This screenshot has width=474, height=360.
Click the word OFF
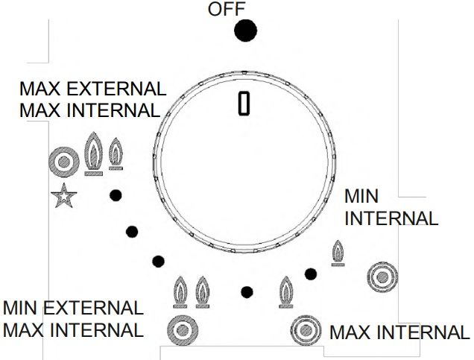coord(226,9)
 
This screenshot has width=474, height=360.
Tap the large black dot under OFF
coord(245,31)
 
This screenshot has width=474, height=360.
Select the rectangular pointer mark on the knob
coord(244,103)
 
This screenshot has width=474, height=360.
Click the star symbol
coord(64,196)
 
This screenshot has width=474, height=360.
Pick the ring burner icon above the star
coord(64,162)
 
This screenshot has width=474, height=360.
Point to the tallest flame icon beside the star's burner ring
coord(93,154)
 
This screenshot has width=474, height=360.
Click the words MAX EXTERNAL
coord(92,89)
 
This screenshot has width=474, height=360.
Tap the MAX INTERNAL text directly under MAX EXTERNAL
coord(89,110)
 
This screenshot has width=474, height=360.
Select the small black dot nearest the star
coord(116,195)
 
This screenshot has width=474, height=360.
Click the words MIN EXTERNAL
coord(73,308)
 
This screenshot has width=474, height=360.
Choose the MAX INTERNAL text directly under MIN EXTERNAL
coord(73,329)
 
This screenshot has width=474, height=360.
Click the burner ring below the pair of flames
coord(183,330)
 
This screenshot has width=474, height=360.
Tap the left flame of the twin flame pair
coord(180,292)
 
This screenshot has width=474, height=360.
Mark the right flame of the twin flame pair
coord(203,292)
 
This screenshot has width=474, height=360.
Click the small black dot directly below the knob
coord(247,292)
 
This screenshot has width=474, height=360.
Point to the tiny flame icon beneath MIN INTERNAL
coord(338,253)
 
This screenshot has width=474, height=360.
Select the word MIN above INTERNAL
coord(361,196)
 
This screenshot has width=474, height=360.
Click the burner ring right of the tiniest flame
coord(382,277)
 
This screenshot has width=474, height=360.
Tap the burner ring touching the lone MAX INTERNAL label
coord(306,330)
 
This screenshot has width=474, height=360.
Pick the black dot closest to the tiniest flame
coord(311,274)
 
